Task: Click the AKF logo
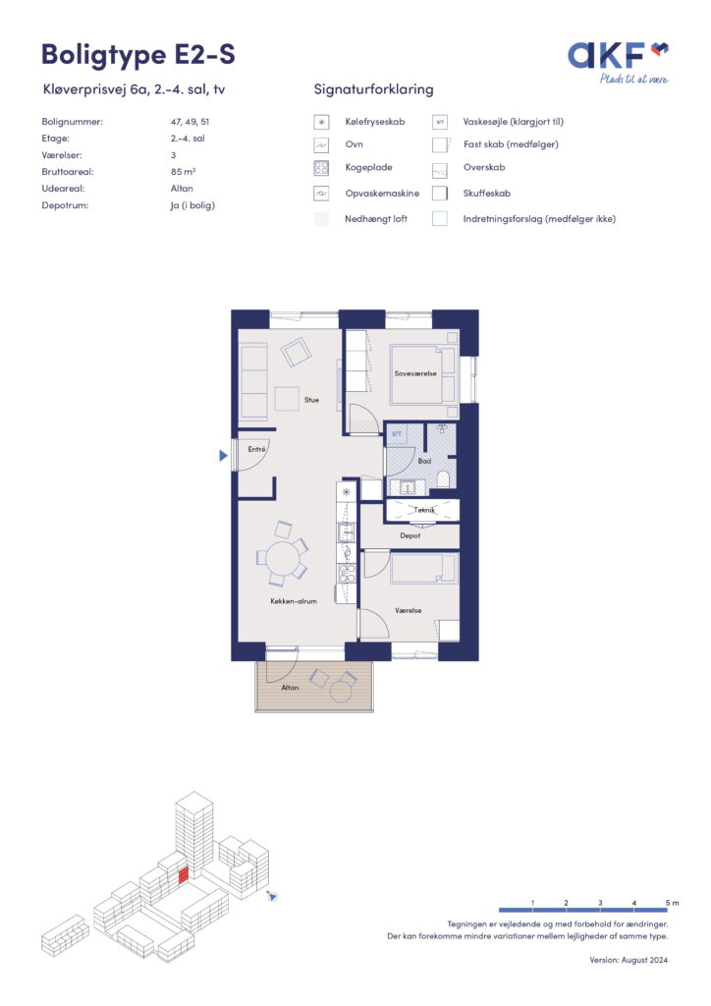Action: point(618,62)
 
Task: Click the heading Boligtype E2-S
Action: point(138,55)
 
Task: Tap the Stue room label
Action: point(311,400)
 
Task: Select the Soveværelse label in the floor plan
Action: point(415,373)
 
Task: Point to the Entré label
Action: point(256,449)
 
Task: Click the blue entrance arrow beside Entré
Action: point(223,456)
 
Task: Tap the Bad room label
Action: point(424,461)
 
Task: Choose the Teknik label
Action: point(424,510)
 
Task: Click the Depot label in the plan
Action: point(410,535)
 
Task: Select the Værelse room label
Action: point(409,611)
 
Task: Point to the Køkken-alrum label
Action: point(294,601)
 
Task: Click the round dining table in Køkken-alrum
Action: point(282,558)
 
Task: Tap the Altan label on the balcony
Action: point(290,687)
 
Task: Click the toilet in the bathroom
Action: point(442,478)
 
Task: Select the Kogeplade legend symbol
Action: point(321,168)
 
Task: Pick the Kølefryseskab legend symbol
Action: point(321,122)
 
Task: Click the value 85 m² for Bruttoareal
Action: point(183,172)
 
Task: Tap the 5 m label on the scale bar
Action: point(672,903)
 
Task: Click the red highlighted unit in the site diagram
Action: point(184,875)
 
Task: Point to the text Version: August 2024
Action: point(629,960)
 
